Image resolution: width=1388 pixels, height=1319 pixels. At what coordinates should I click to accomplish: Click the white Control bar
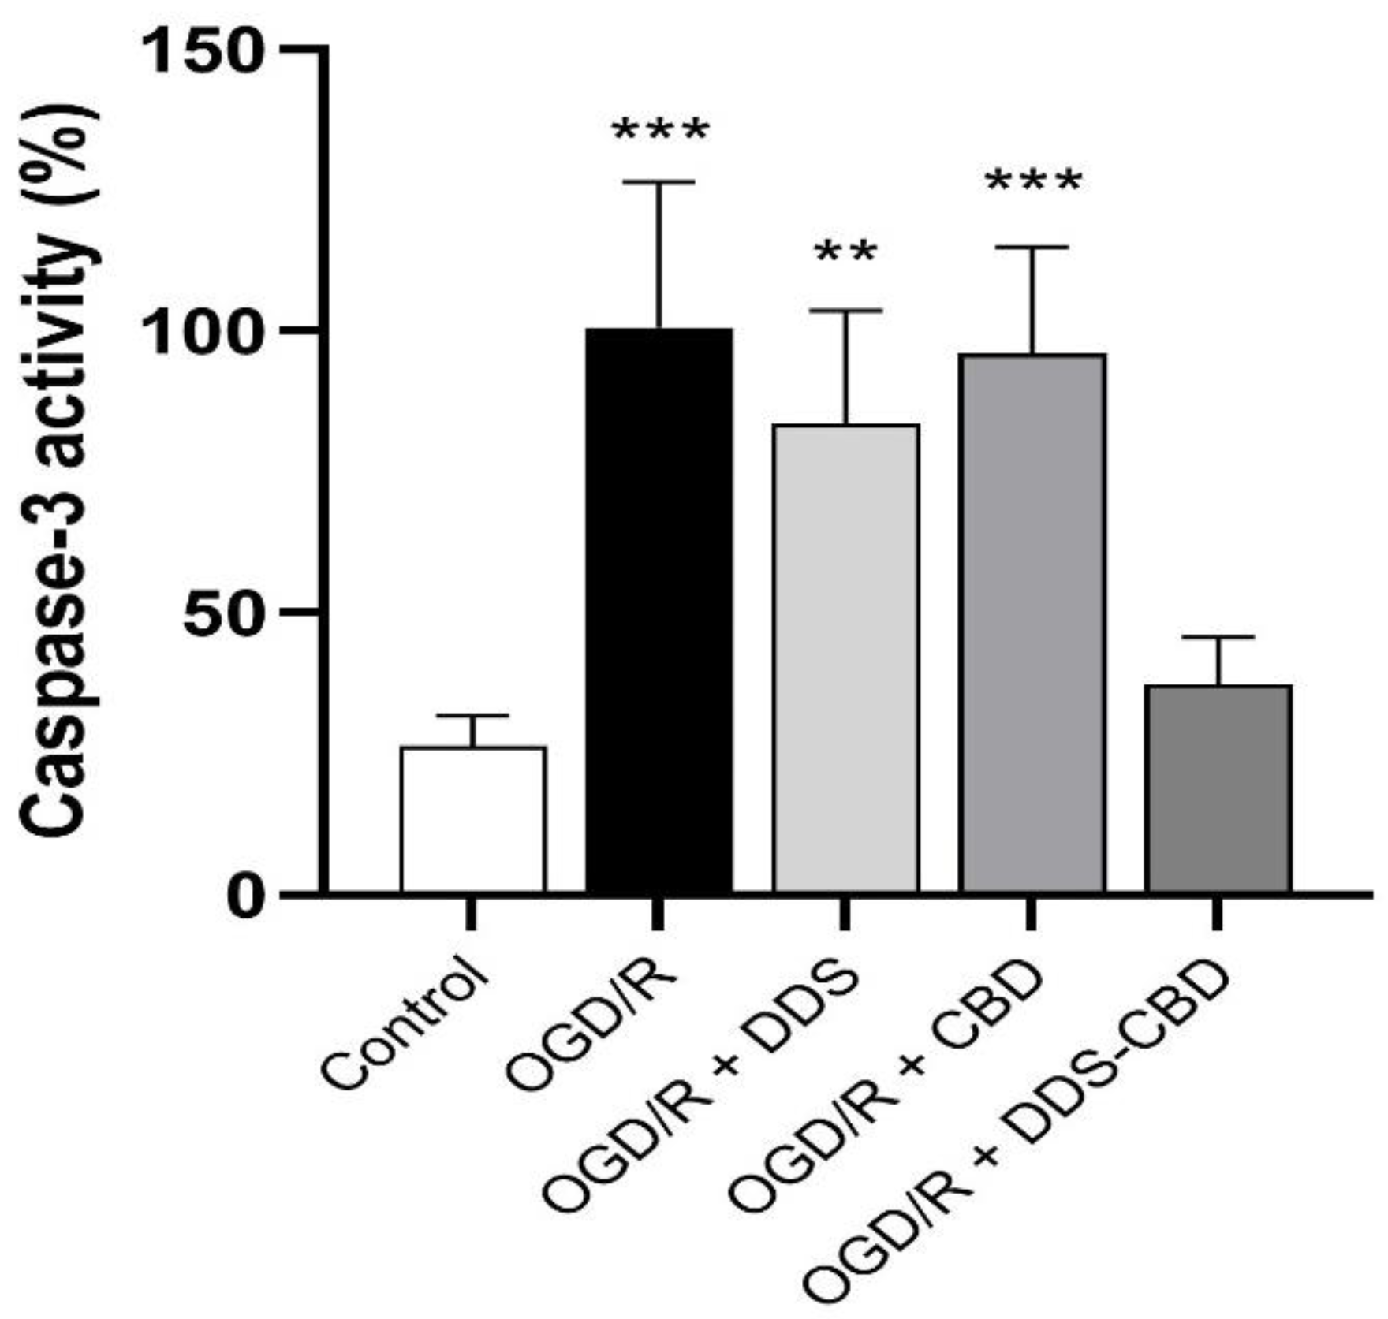(x=472, y=820)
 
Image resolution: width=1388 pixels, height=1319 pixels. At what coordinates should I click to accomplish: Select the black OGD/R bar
(x=659, y=611)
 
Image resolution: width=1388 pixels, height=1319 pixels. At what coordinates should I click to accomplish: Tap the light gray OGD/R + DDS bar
(x=845, y=658)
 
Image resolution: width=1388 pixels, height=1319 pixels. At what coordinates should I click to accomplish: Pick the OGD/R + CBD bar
(x=1032, y=623)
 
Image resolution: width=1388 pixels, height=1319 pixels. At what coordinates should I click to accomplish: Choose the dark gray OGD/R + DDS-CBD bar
(x=1218, y=788)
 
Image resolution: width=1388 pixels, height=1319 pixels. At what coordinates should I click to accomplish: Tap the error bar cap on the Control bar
(x=472, y=716)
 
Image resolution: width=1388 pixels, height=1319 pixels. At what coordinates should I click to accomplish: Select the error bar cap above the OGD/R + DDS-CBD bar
(x=1218, y=636)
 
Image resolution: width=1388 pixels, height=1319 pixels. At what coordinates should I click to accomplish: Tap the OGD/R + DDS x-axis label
(x=702, y=1096)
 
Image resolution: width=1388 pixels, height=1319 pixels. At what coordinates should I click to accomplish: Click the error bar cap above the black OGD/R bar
(x=659, y=182)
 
